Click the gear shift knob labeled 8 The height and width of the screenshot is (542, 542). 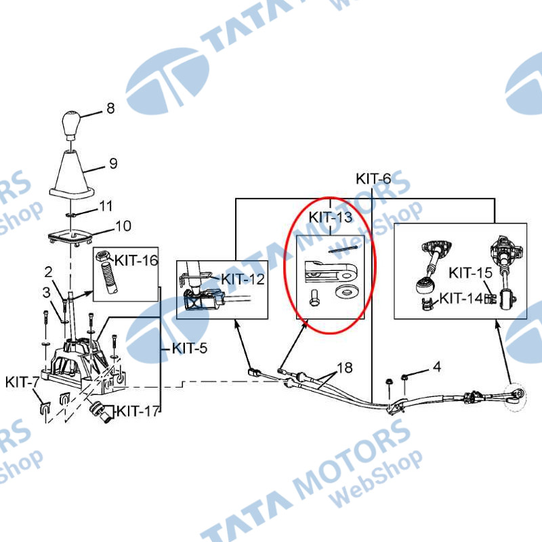point(71,125)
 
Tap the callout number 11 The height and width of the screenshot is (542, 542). point(106,206)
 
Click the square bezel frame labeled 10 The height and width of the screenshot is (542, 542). point(71,238)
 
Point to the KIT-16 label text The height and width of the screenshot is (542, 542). point(136,260)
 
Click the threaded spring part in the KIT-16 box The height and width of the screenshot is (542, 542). point(109,277)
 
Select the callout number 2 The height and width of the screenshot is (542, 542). point(48,272)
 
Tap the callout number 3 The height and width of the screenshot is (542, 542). point(46,293)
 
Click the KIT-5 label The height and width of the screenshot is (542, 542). point(190,348)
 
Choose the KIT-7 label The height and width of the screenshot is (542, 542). point(22,382)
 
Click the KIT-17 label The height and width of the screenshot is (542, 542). point(138,411)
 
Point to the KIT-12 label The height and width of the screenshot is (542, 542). point(243,279)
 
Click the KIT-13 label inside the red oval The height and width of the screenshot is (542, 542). point(331,217)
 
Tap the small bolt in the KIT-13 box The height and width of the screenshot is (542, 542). point(314,297)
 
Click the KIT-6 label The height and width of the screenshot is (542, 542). point(373,179)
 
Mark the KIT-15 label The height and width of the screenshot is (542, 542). point(470,273)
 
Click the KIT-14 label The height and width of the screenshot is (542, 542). point(461,298)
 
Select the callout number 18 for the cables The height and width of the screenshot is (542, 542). point(345,368)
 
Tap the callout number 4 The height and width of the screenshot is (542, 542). point(437,367)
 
